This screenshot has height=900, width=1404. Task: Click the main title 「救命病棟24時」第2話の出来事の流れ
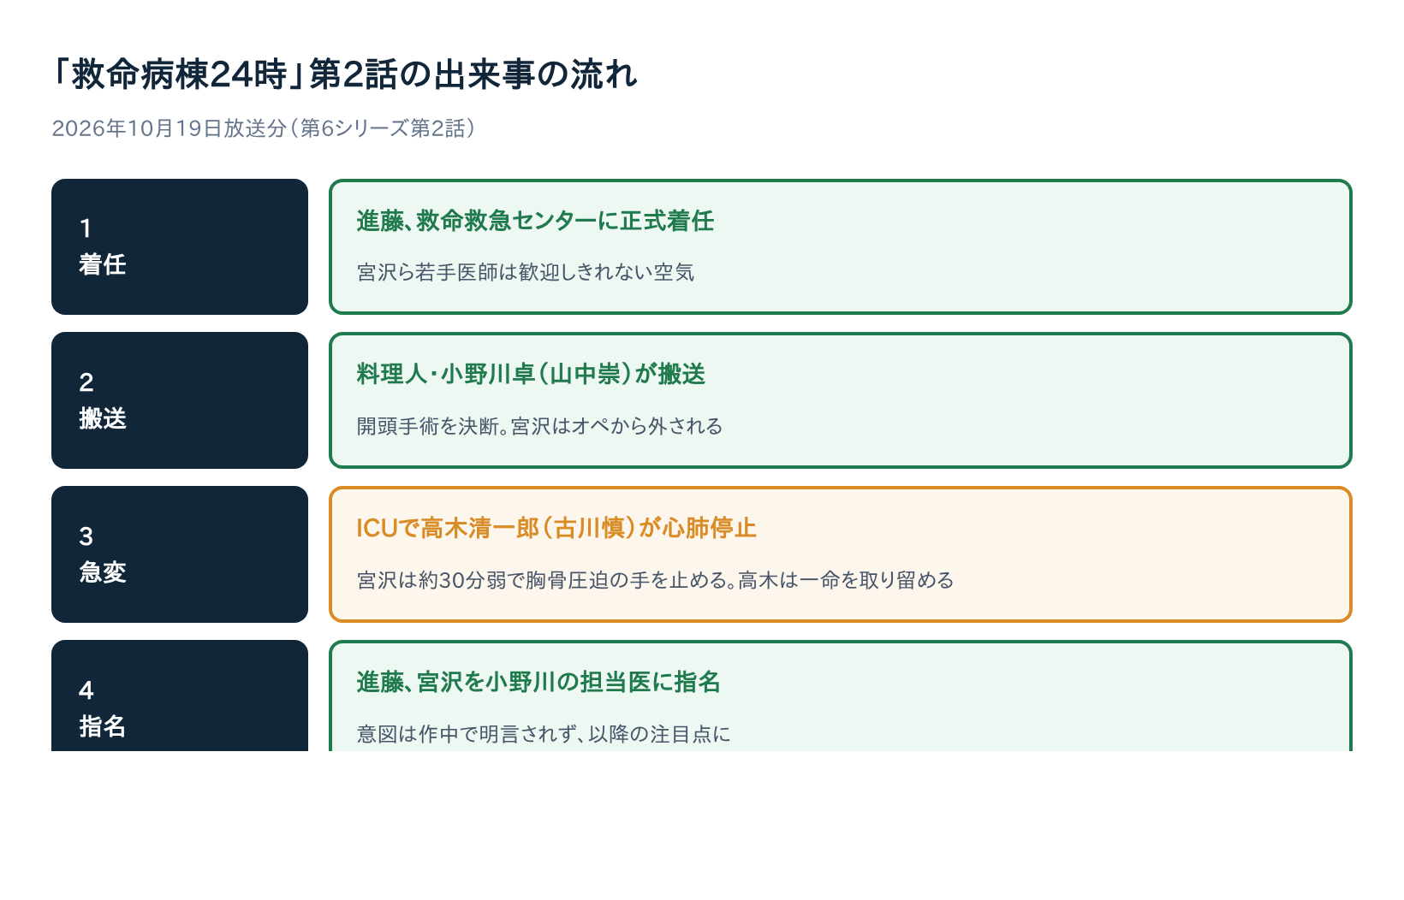[x=345, y=74]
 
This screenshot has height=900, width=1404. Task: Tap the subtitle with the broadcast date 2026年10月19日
[x=264, y=128]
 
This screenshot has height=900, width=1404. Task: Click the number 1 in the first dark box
[x=86, y=228]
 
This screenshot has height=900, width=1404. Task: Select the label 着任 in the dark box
[x=102, y=264]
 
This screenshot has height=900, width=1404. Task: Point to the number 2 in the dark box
[x=86, y=382]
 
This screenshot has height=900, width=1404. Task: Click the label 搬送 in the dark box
[x=102, y=418]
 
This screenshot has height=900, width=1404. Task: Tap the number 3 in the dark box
[x=86, y=536]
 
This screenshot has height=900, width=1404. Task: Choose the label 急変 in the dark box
[x=102, y=572]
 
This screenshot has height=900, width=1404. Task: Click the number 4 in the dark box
[x=86, y=690]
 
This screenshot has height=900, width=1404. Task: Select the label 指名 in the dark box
[x=102, y=726]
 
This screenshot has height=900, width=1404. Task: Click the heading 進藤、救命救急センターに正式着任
[x=535, y=221]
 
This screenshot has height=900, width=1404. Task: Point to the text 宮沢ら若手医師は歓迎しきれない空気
[x=526, y=272]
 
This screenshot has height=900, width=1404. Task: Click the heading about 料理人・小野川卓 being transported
[x=531, y=375]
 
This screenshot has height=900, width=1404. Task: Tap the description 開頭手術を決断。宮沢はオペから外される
[x=539, y=427]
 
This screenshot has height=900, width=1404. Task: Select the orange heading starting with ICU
[x=556, y=529]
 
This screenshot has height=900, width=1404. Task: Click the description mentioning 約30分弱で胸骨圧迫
[x=655, y=581]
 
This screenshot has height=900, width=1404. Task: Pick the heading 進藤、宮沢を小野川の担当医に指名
[x=538, y=682]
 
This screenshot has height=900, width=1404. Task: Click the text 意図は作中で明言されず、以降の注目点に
[x=544, y=734]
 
